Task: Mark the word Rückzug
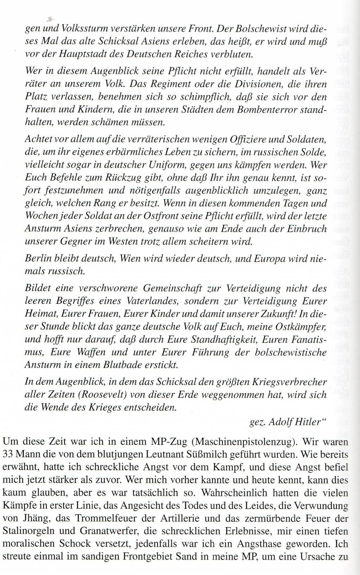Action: [x=122, y=178]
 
